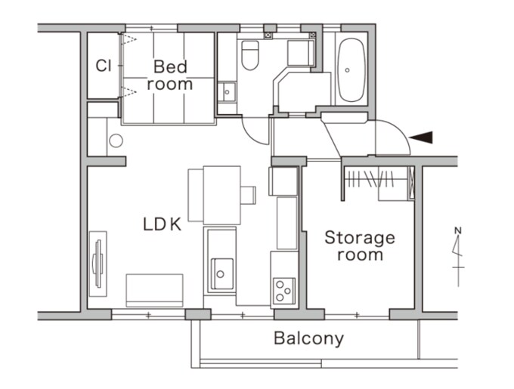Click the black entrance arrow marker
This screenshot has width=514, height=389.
pyautogui.click(x=421, y=137)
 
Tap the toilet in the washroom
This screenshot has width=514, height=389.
pyautogui.click(x=250, y=55)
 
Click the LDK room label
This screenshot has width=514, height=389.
pyautogui.click(x=163, y=224)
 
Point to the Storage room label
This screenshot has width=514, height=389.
pyautogui.click(x=360, y=246)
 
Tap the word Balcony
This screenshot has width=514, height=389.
pyautogui.click(x=309, y=338)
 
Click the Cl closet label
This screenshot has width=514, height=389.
pyautogui.click(x=104, y=66)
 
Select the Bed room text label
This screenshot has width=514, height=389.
pyautogui.click(x=170, y=76)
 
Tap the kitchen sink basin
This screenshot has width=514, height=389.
pyautogui.click(x=222, y=273)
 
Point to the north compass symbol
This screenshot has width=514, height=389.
pyautogui.click(x=458, y=256)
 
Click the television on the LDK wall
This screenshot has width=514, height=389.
pyautogui.click(x=98, y=264)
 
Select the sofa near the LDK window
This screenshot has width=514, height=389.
pyautogui.click(x=154, y=291)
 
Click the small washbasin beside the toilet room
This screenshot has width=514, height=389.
pyautogui.click(x=227, y=92)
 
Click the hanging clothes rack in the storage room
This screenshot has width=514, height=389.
pyautogui.click(x=370, y=180)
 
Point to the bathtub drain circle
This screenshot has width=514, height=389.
pyautogui.click(x=347, y=70)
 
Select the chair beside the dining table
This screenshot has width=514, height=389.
pyautogui.click(x=248, y=195)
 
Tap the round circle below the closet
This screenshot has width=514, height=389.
pyautogui.click(x=116, y=140)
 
